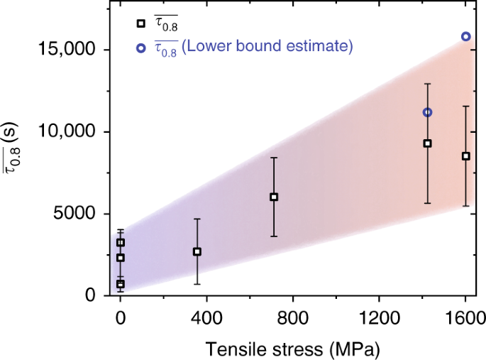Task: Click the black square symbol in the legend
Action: pyautogui.click(x=140, y=24)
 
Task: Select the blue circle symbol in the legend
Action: pyautogui.click(x=140, y=47)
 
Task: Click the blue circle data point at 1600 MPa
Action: pyautogui.click(x=466, y=36)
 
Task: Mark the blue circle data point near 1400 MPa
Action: pyautogui.click(x=427, y=112)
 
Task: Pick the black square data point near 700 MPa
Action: pyautogui.click(x=274, y=197)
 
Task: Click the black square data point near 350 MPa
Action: pyautogui.click(x=197, y=251)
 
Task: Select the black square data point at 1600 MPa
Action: pyautogui.click(x=465, y=156)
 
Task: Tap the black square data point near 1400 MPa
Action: pyautogui.click(x=427, y=143)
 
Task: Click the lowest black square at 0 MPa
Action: pyautogui.click(x=121, y=284)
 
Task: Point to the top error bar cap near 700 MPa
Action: pyautogui.click(x=274, y=158)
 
